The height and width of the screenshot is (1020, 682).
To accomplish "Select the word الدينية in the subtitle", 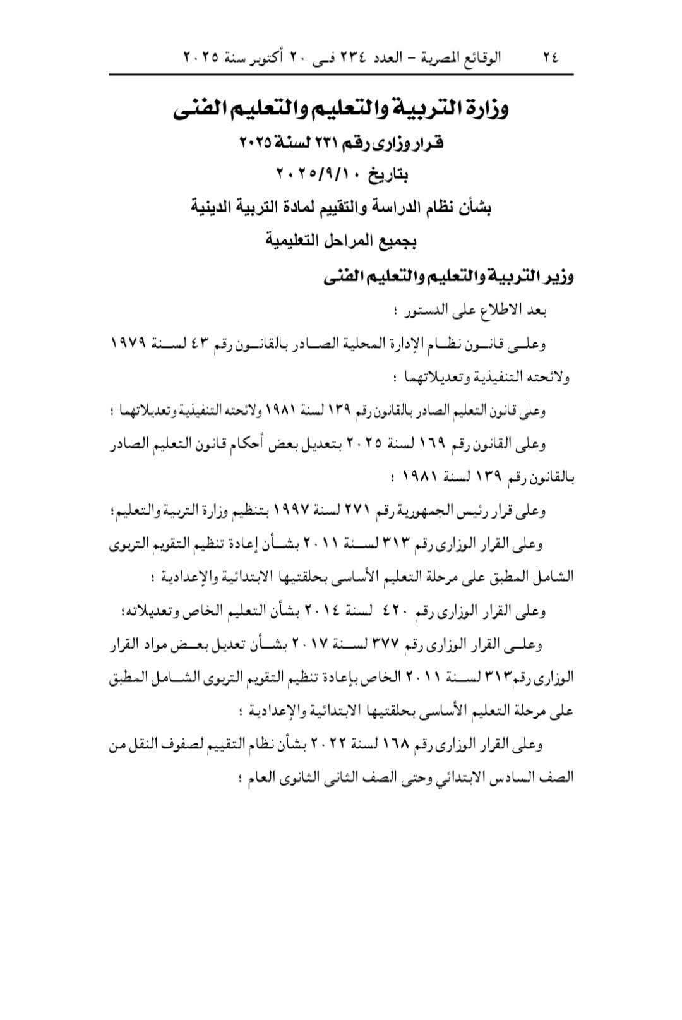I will coord(217,208).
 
